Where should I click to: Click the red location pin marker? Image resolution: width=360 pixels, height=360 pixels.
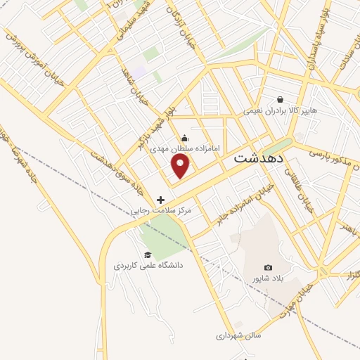click(x=181, y=166)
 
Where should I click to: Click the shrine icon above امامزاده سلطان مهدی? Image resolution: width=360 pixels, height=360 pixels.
click(x=185, y=138)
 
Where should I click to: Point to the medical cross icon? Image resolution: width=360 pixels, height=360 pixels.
click(x=161, y=200)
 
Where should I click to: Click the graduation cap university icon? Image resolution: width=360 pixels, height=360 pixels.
click(x=148, y=255)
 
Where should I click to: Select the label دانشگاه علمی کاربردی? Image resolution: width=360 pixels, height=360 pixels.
click(x=148, y=266)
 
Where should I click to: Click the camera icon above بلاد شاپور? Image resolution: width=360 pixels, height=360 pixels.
click(x=268, y=267)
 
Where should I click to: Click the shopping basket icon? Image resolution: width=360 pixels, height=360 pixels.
click(x=281, y=99)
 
